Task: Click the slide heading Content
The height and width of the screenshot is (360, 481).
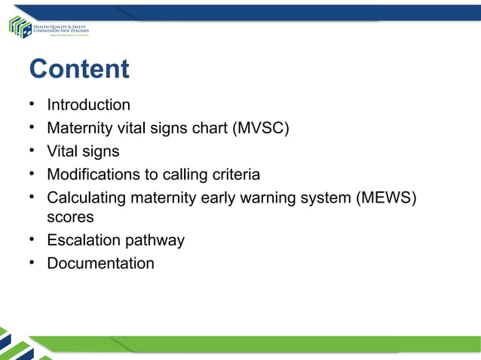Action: [78, 69]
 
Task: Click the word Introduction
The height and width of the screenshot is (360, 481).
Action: [88, 105]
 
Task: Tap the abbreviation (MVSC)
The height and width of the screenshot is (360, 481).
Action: [262, 128]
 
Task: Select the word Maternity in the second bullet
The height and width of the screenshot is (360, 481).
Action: [78, 128]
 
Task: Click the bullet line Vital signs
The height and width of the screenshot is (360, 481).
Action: [83, 151]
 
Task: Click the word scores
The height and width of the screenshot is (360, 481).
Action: [70, 217]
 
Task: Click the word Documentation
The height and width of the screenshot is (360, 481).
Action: [100, 264]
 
